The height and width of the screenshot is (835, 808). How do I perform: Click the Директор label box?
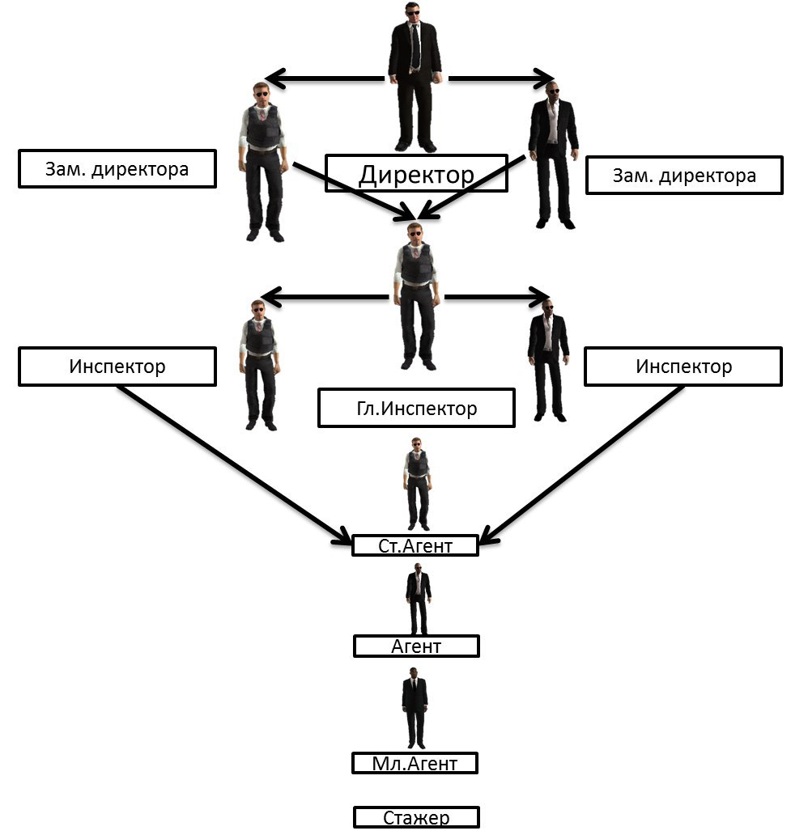pyautogui.click(x=416, y=174)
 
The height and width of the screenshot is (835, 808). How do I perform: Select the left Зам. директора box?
pyautogui.click(x=117, y=169)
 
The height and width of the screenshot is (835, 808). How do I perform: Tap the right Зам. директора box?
pyautogui.click(x=684, y=175)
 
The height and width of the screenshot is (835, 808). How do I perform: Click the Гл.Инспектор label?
pyautogui.click(x=416, y=408)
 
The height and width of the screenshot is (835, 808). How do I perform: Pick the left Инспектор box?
pyautogui.click(x=117, y=367)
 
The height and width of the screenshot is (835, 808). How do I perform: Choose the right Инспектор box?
pyautogui.click(x=683, y=367)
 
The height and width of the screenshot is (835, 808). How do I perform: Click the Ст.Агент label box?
pyautogui.click(x=415, y=546)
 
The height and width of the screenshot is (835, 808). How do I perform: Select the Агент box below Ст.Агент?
pyautogui.click(x=416, y=646)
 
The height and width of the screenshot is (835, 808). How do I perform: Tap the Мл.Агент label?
pyautogui.click(x=415, y=763)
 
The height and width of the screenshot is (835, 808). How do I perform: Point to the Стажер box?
pyautogui.click(x=416, y=817)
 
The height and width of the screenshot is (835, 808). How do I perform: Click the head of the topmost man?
pyautogui.click(x=415, y=11)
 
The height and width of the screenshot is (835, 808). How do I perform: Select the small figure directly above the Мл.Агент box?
pyautogui.click(x=415, y=710)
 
